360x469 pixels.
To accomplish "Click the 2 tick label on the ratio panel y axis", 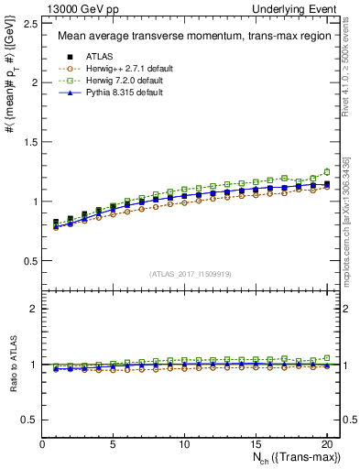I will [x=33, y=309].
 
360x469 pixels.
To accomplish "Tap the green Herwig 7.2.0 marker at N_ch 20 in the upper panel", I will [x=326, y=171].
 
